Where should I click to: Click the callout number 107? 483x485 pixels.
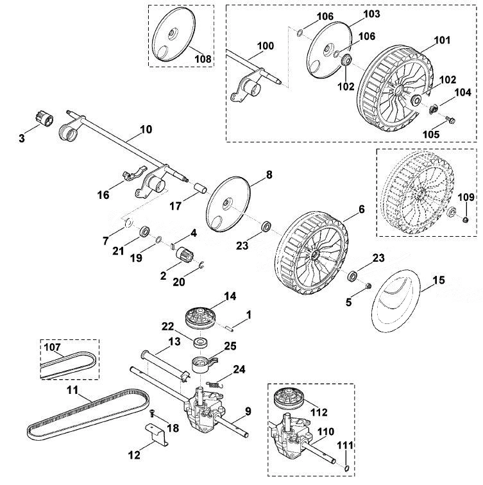53,347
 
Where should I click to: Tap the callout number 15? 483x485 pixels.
439,280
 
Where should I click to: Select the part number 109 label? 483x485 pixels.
466,197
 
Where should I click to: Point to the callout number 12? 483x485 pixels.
134,455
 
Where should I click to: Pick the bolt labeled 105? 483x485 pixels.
450,120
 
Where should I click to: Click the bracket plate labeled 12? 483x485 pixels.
157,434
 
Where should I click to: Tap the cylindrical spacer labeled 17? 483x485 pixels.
201,188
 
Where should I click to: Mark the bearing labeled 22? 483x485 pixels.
200,343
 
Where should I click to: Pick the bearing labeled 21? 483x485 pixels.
144,232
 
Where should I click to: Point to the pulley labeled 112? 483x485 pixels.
289,398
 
